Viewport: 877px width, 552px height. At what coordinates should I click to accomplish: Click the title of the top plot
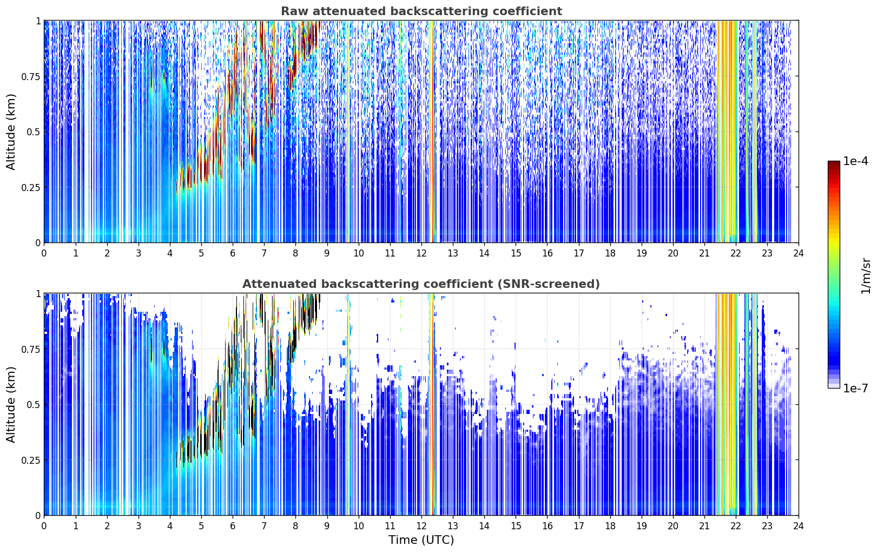click(x=421, y=11)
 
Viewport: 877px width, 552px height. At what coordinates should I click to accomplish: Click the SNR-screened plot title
click(x=421, y=284)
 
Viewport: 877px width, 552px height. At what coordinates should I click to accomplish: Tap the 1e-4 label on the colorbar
click(x=855, y=161)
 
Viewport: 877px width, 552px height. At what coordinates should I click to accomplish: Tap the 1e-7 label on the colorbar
click(x=855, y=389)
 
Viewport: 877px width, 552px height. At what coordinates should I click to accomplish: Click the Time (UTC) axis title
click(x=421, y=540)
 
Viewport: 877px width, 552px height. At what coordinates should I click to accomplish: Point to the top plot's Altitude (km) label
click(x=11, y=132)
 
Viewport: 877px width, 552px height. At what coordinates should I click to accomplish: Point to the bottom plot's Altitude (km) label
click(x=11, y=405)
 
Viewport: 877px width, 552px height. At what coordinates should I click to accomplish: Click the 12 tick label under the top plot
click(x=421, y=253)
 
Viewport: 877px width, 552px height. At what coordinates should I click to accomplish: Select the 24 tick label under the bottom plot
click(x=799, y=526)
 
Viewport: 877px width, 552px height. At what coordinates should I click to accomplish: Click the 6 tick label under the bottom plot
click(x=233, y=526)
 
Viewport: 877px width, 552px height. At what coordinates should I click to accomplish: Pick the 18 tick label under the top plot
click(x=610, y=253)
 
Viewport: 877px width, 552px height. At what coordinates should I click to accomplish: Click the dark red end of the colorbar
click(x=834, y=163)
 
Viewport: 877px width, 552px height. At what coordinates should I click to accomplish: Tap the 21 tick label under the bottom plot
click(x=704, y=526)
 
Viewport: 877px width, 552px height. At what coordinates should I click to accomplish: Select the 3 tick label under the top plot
click(x=138, y=253)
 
